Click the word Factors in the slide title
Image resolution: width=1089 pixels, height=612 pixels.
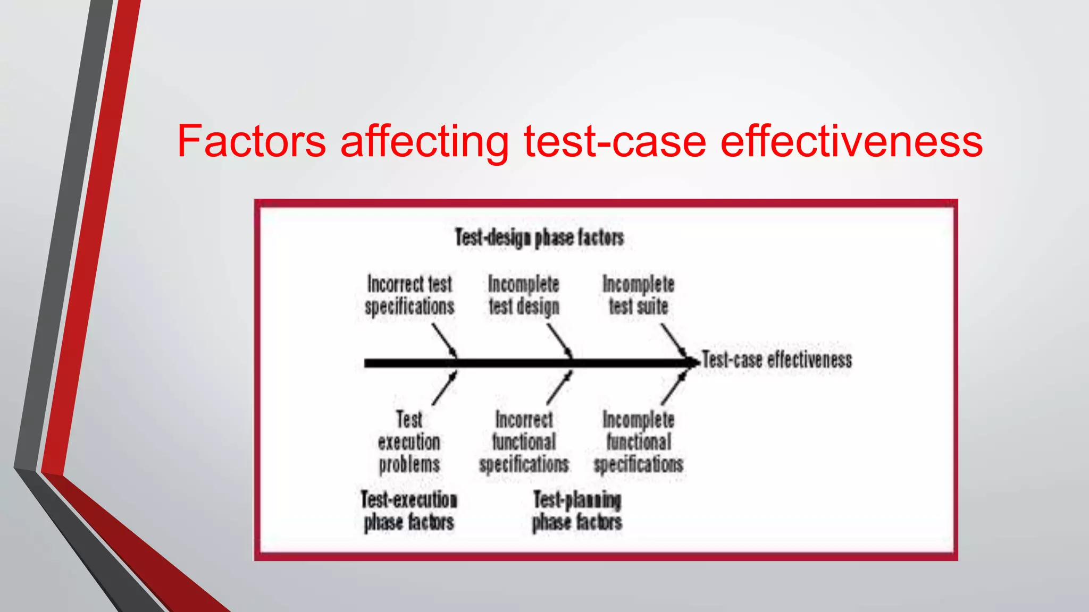pos(251,141)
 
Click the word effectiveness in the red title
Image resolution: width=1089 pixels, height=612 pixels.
pos(851,141)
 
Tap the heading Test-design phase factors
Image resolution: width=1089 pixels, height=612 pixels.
pos(539,237)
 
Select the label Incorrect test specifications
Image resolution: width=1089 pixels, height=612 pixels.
pos(409,295)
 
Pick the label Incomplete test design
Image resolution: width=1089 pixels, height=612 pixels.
pos(524,295)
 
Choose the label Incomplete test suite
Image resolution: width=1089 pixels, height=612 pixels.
pos(638,295)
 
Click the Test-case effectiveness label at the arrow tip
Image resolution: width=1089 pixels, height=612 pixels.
pos(777,360)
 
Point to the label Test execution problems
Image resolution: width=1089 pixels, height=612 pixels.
pos(409,442)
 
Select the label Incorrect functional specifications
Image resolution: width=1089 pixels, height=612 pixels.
pos(524,442)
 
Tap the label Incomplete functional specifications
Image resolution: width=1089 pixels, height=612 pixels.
pos(638,442)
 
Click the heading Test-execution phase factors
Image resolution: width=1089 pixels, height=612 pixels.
pos(409,511)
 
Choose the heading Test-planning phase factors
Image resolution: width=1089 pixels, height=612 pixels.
pos(577,511)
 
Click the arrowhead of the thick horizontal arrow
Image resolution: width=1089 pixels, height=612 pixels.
pos(692,363)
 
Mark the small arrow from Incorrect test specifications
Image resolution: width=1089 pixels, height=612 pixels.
pos(444,341)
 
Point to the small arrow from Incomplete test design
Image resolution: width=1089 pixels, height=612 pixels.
pos(559,341)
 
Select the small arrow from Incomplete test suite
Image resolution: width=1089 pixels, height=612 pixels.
pos(674,341)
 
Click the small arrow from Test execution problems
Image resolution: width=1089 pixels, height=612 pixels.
pos(445,388)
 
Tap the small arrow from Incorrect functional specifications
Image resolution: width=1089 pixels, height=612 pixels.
pos(559,388)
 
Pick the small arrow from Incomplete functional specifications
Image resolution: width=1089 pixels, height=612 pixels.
pos(674,388)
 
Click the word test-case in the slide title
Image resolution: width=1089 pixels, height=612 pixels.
pos(615,141)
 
